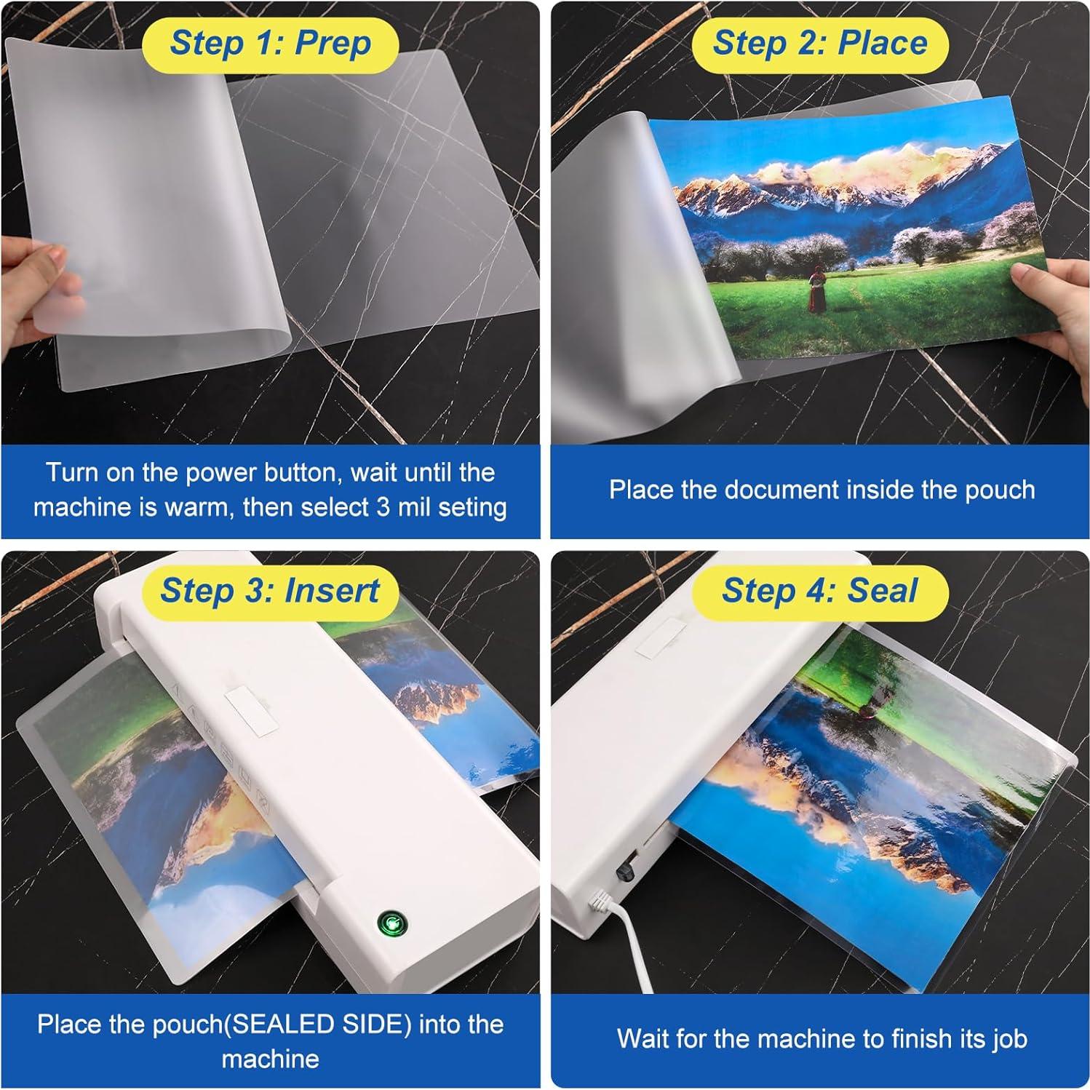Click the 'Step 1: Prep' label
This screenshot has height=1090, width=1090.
pyautogui.click(x=270, y=44)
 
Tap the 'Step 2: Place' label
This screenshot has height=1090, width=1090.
pyautogui.click(x=820, y=44)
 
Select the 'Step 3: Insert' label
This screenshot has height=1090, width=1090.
pyautogui.click(x=270, y=590)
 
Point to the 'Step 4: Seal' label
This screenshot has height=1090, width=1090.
pyautogui.click(x=820, y=590)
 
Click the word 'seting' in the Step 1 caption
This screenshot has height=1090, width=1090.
pyautogui.click(x=471, y=507)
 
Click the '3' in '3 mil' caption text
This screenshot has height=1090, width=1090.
pyautogui.click(x=383, y=507)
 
